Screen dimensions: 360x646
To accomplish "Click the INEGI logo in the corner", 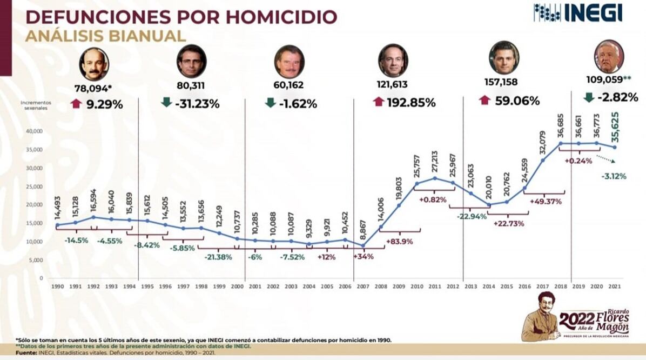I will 577,12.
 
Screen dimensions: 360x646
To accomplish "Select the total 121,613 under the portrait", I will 392,85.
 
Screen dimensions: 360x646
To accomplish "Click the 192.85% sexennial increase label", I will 411,102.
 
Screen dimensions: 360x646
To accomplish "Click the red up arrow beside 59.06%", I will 484,101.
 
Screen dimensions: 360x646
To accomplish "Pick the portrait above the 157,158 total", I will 503,57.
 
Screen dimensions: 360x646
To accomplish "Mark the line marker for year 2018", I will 560,143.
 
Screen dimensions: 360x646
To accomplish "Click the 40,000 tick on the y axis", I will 35,131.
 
